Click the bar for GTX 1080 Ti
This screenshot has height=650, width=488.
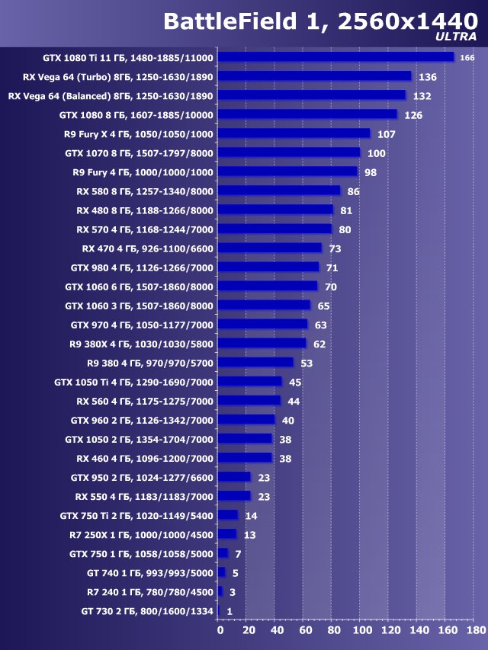point(335,57)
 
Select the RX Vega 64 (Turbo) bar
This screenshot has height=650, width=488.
point(314,76)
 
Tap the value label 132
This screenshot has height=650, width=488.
point(422,96)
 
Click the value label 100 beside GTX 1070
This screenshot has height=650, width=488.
point(376,153)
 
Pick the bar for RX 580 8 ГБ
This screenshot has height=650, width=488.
point(279,191)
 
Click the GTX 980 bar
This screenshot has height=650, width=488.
point(268,267)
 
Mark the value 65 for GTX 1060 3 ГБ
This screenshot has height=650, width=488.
point(323,306)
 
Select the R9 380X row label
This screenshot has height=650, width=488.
point(141,344)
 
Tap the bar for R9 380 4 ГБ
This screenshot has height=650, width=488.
point(255,363)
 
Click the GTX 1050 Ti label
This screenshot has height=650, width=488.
point(134,382)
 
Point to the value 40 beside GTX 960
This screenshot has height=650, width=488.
point(287,420)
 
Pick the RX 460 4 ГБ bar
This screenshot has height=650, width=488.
point(245,458)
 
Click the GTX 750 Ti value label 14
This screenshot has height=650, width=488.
point(250,516)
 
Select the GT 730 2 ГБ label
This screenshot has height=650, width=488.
point(147,611)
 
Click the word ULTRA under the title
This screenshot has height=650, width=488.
point(457,36)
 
